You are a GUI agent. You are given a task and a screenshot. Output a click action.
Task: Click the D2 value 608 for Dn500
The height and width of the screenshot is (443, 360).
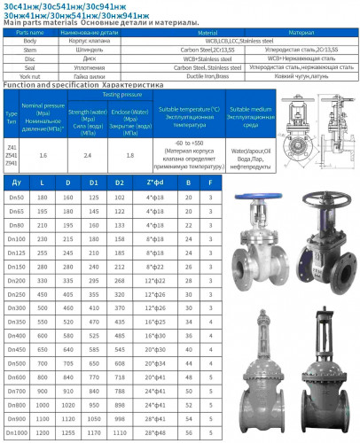tap(121, 362)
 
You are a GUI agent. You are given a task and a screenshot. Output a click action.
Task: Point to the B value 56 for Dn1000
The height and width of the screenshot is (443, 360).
tap(189, 431)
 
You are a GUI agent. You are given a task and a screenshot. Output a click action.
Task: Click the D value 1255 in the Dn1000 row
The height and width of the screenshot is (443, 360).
tap(69, 431)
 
